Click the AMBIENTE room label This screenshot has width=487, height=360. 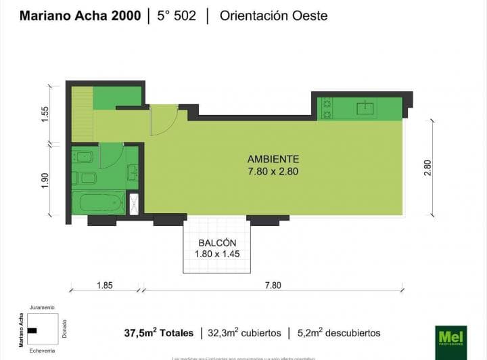pos(273,159)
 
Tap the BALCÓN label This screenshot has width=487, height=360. pos(217,243)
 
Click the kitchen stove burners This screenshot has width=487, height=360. pos(327,108)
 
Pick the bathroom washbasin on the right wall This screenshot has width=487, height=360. pos(133,172)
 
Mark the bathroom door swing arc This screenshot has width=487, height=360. pos(111,156)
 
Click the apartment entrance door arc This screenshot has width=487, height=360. pos(164,119)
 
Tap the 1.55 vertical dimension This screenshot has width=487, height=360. pos(45,114)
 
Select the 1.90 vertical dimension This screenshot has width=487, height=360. pos(45,181)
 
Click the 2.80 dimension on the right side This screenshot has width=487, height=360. pos(427,167)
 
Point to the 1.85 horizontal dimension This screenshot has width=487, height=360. pos(104,285)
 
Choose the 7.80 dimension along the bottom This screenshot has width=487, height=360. pos(273,285)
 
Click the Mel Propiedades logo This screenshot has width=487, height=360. pos(450,336)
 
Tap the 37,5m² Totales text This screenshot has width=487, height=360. pos(158,333)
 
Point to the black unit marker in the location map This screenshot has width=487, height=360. pos(32,330)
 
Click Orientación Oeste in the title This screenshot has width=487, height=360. pos(273,16)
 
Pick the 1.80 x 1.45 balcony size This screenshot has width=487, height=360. pos(217,254)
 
